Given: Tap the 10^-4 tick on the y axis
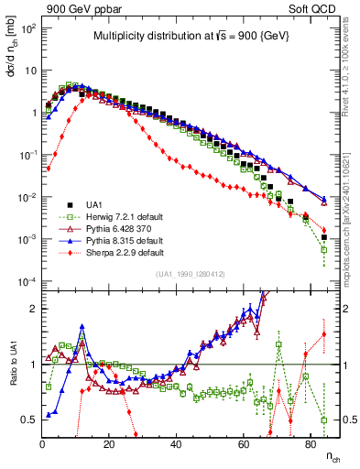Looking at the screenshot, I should [x=27, y=281].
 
